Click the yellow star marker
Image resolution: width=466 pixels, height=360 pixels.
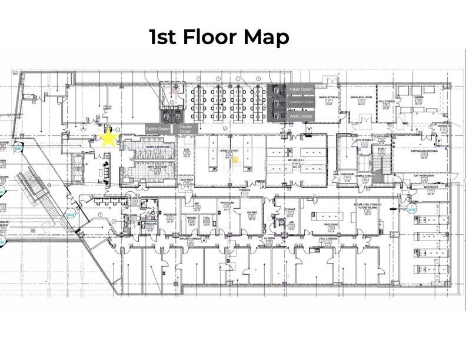coord(108,138)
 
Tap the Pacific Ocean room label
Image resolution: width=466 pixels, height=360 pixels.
coord(157,128)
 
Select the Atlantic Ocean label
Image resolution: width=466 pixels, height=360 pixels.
coord(186,128)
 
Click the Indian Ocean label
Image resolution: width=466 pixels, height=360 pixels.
coord(301,89)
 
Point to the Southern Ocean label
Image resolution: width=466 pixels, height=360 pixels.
coord(301,102)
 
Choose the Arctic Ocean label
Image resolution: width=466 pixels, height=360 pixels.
coord(301,116)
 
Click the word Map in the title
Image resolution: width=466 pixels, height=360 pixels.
coord(263,37)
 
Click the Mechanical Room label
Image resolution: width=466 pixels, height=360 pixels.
coord(362,96)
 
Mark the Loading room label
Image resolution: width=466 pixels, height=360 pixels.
coord(418,97)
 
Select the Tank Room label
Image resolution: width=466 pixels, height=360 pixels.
coord(347,174)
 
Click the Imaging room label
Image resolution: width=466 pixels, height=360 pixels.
coord(192,218)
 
